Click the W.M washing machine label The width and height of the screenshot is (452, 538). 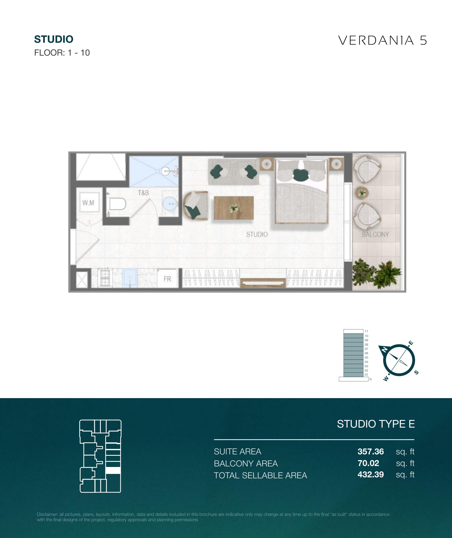88,203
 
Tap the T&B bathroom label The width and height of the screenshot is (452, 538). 143,193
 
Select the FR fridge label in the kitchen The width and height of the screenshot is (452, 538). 167,279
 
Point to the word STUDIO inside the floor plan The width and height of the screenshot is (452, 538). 257,234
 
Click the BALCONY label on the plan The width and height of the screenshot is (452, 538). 375,234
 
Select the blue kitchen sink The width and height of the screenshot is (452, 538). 130,278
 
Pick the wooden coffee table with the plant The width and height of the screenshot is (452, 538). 234,208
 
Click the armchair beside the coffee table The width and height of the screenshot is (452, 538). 195,205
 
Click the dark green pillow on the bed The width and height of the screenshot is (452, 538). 301,175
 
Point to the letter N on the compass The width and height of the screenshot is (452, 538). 384,349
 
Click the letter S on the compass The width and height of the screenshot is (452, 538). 416,372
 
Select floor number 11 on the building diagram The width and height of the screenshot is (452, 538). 366,331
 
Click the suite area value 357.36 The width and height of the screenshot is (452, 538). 371,451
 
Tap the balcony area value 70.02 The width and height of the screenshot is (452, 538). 368,463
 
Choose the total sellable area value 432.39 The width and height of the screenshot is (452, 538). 371,475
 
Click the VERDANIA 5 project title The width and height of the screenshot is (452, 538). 383,40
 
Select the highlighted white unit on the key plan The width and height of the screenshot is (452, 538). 113,470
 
